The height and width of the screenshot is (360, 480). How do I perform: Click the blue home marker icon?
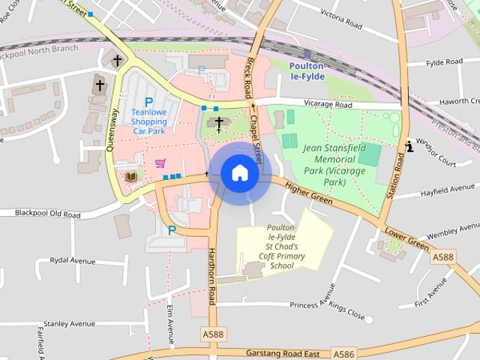(239, 172)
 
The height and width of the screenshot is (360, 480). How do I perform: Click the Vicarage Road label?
(327, 105)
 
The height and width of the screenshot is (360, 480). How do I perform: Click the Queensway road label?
(113, 130)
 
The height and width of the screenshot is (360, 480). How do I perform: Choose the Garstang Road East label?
(283, 352)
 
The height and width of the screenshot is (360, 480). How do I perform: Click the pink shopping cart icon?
(160, 162)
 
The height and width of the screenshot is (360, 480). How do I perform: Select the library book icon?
(131, 176)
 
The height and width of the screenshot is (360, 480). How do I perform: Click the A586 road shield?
(345, 353)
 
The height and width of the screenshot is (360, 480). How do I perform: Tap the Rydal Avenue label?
(72, 260)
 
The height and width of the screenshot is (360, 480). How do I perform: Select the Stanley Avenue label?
(69, 323)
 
